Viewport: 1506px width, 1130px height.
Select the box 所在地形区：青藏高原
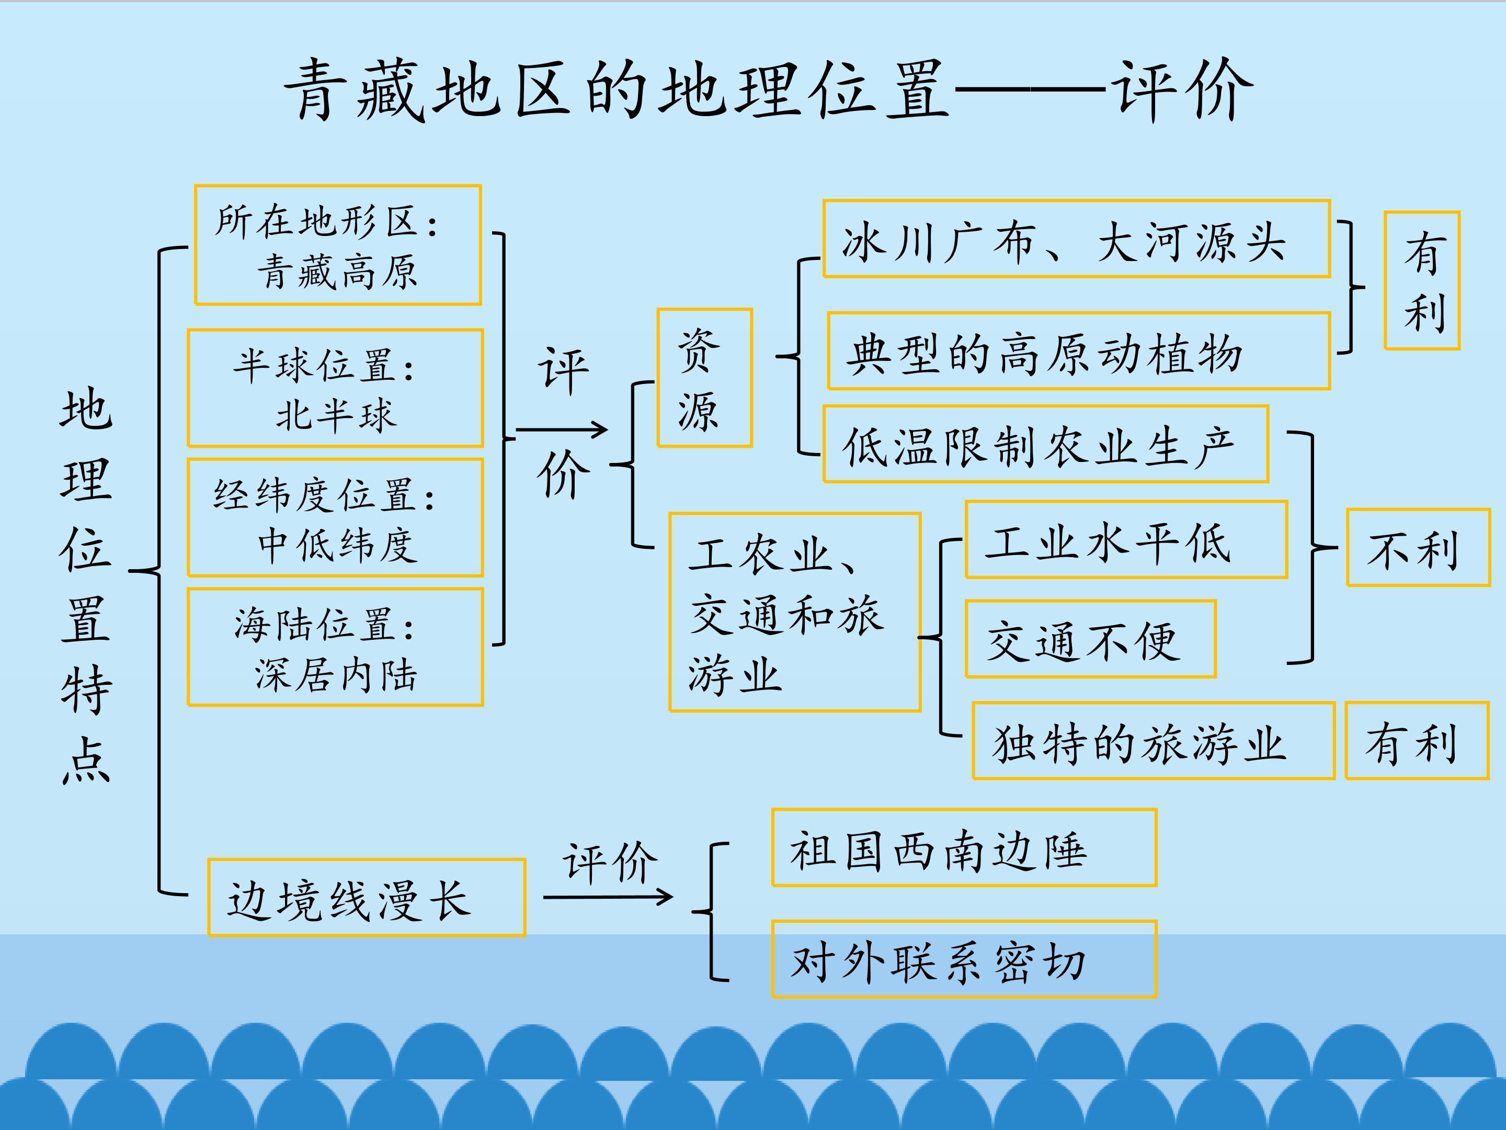[338, 245]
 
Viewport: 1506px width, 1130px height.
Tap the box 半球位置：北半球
[335, 388]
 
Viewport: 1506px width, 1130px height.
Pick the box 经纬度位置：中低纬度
[335, 518]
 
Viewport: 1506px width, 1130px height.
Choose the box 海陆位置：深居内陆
[335, 647]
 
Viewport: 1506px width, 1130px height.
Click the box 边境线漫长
[366, 898]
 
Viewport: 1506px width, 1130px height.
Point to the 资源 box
[704, 378]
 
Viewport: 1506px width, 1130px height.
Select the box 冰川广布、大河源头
[1076, 239]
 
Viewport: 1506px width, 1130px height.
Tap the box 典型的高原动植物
[1078, 352]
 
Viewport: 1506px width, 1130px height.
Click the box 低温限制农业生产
[1045, 445]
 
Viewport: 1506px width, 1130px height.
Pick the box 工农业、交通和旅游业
[794, 612]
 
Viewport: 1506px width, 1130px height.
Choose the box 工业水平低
[1125, 540]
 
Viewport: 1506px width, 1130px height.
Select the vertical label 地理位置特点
[86, 586]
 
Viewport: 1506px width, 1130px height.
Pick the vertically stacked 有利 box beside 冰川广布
[1422, 280]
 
